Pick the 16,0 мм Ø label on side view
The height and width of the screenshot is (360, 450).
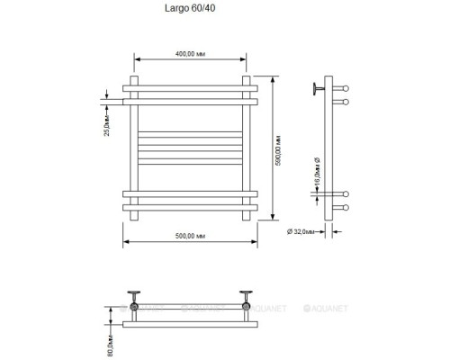(316, 171)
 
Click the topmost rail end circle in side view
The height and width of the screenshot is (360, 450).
(342, 88)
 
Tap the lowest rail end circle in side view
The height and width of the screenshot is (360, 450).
(342, 210)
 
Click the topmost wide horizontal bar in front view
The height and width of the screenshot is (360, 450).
(191, 88)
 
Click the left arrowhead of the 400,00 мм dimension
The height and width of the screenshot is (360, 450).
(138, 61)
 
